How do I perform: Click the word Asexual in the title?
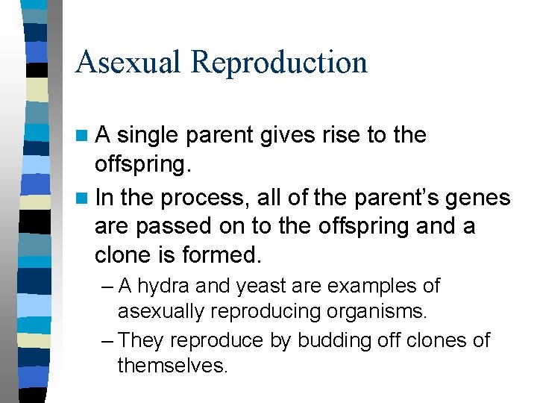(129, 62)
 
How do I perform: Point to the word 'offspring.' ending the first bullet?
(142, 166)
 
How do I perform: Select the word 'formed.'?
(222, 254)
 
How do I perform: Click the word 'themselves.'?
(172, 366)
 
